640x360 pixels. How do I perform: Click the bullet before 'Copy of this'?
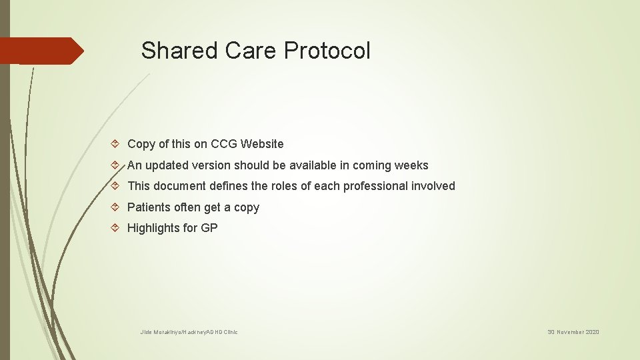[x=117, y=144]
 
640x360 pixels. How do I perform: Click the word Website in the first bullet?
[x=262, y=144]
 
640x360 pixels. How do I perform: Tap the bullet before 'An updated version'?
[x=117, y=165]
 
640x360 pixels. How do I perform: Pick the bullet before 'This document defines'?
[x=117, y=186]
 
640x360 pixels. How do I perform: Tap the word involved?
[x=433, y=186]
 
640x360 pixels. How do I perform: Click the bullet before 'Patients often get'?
[x=117, y=207]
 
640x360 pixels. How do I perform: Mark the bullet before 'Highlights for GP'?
[x=117, y=228]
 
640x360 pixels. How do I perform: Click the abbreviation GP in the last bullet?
[x=209, y=228]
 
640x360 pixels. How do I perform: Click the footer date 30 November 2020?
[x=573, y=332]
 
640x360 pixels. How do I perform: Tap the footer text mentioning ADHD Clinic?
[x=189, y=332]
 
